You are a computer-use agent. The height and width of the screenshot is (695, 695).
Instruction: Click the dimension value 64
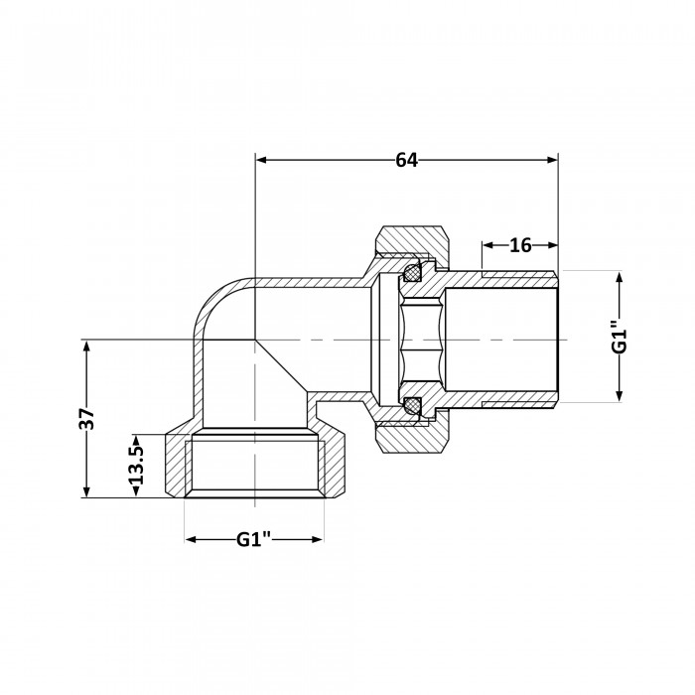[x=406, y=160]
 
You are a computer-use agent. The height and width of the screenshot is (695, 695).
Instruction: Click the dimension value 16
[x=520, y=245]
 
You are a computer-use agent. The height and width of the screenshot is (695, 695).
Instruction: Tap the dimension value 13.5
[x=136, y=465]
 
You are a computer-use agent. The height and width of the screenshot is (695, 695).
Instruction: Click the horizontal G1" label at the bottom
[x=253, y=539]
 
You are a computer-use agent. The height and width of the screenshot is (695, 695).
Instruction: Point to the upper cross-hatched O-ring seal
[x=412, y=271]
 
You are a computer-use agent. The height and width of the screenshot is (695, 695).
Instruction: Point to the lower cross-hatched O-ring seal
[x=412, y=404]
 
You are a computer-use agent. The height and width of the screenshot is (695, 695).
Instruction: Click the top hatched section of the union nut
[x=412, y=242]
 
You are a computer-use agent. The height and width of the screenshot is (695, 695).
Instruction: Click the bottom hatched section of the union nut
[x=412, y=438]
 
